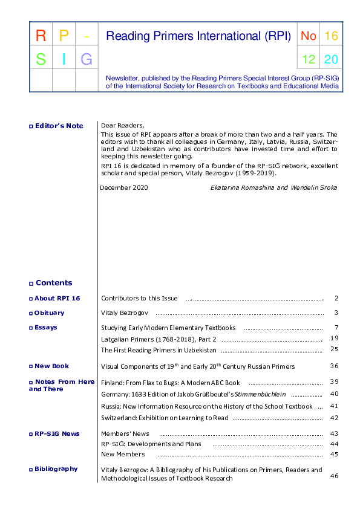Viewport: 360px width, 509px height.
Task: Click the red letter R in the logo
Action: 41,36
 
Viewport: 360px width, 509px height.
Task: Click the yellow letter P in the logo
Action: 64,36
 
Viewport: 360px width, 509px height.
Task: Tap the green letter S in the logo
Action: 41,59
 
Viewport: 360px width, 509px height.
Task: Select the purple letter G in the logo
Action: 87,59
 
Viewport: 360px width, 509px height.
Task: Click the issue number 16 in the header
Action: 331,36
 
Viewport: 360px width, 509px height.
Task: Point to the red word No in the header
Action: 309,36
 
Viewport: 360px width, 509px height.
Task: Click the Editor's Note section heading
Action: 59,126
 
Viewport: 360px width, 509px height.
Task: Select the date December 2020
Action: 124,187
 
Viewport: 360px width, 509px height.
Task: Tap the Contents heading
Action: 53,283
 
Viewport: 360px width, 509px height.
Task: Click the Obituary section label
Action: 49,313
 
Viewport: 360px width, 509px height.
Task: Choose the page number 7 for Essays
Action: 335,328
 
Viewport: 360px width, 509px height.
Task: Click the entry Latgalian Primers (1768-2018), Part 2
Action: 159,339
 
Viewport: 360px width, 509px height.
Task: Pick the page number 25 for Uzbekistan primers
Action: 334,349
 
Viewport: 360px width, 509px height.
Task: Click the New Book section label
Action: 51,366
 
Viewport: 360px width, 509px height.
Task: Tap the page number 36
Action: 334,366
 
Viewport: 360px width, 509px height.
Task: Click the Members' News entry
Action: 125,433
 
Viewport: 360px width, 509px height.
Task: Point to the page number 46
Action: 334,476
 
